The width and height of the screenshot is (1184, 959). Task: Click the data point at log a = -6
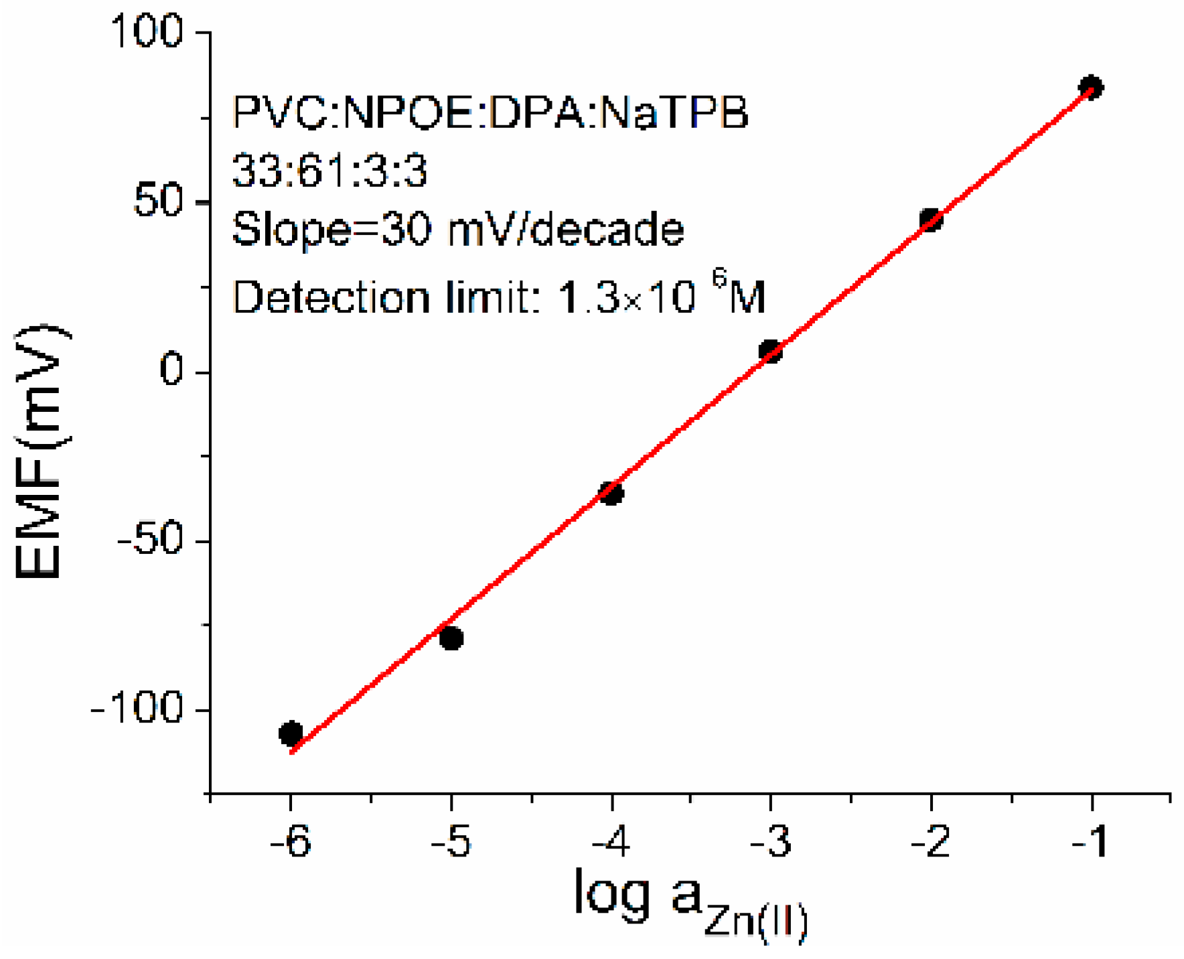pyautogui.click(x=291, y=733)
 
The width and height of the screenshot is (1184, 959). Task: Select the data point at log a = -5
pyautogui.click(x=451, y=638)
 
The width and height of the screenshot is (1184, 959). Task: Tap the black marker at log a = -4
pyautogui.click(x=611, y=494)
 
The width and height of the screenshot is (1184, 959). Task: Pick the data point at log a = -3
pyautogui.click(x=771, y=351)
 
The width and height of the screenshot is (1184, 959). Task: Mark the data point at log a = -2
pyautogui.click(x=931, y=220)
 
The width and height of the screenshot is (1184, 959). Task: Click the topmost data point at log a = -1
pyautogui.click(x=1091, y=87)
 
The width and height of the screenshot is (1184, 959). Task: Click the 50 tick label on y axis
pyautogui.click(x=158, y=200)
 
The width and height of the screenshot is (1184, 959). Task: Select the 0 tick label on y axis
pyautogui.click(x=171, y=370)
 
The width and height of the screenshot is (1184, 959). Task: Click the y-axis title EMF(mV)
pyautogui.click(x=42, y=452)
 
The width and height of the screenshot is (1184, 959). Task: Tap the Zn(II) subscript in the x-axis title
pyautogui.click(x=755, y=923)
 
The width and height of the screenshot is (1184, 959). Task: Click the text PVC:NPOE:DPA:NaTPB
pyautogui.click(x=490, y=113)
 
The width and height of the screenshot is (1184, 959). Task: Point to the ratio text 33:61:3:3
pyautogui.click(x=329, y=171)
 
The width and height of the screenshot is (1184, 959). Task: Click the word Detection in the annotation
pyautogui.click(x=331, y=297)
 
